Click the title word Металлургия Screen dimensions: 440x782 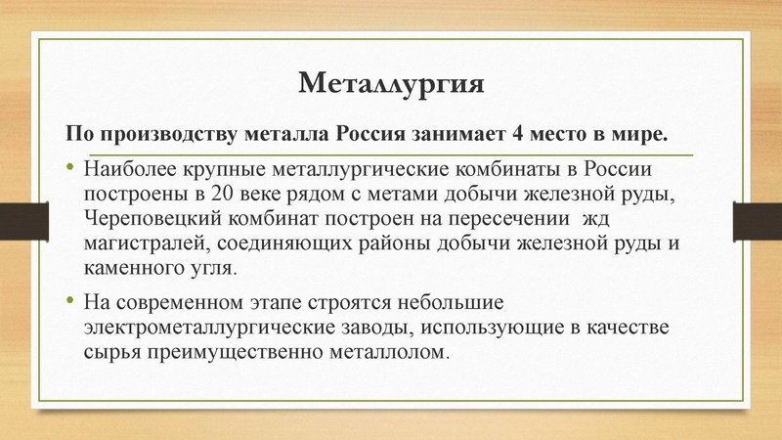click(x=391, y=82)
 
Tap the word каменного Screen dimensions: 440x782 click(x=132, y=266)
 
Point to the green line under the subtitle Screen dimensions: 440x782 click(x=391, y=154)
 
